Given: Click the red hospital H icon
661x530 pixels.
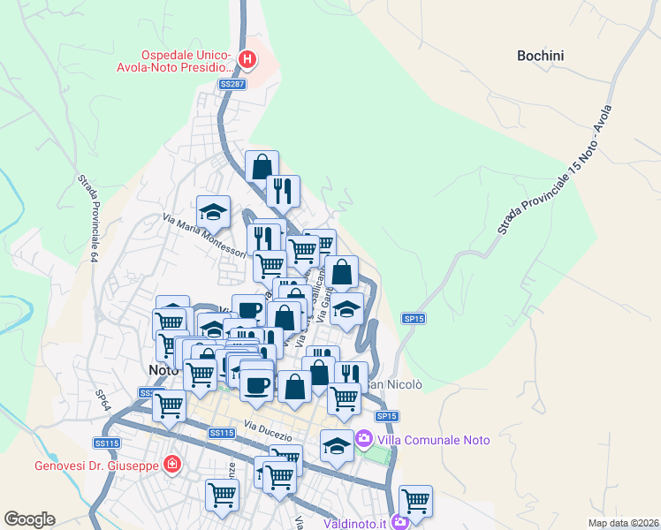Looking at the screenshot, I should pyautogui.click(x=247, y=60).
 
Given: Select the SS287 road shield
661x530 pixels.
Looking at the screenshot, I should pyautogui.click(x=232, y=84).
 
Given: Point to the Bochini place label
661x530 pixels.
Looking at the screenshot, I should pyautogui.click(x=540, y=56).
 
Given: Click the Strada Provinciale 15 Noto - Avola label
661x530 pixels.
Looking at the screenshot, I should pyautogui.click(x=554, y=169).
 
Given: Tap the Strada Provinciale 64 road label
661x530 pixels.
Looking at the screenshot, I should pyautogui.click(x=87, y=217).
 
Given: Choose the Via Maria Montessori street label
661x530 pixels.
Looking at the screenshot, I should pyautogui.click(x=204, y=236).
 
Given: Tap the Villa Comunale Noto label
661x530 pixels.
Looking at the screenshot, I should pyautogui.click(x=427, y=439).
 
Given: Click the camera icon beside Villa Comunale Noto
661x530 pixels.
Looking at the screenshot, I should pyautogui.click(x=362, y=438).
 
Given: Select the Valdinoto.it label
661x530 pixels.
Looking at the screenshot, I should pyautogui.click(x=354, y=523).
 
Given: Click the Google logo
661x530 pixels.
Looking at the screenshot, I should pyautogui.click(x=29, y=519).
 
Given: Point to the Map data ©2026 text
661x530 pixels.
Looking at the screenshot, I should pyautogui.click(x=622, y=523).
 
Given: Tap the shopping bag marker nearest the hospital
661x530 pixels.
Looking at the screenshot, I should pyautogui.click(x=262, y=166).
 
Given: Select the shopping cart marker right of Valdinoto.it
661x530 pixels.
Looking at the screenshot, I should pyautogui.click(x=415, y=501).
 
